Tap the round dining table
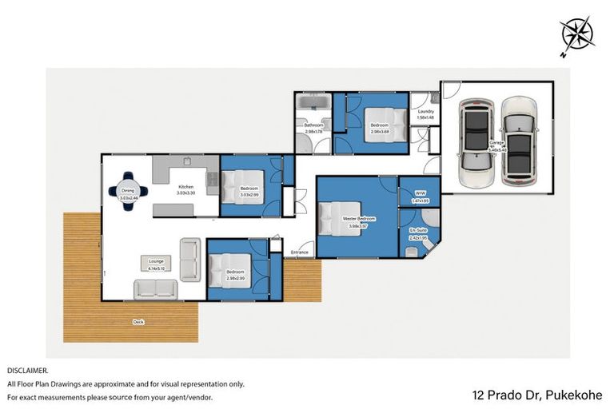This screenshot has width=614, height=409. pos(128,191)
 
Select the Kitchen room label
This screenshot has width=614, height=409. pos(185,188)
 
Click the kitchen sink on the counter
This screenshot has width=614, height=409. pos(211,180)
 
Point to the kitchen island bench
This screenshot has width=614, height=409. pos(184,209)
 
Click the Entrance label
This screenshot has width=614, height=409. pos(300,252)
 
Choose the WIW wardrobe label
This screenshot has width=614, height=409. pos(421,193)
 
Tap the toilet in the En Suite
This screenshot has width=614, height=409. pos(411,251)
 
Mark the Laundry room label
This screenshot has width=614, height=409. pos(425,112)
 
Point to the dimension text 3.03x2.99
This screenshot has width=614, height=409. pos(249,195)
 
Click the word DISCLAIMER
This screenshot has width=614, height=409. pos(28,371)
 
